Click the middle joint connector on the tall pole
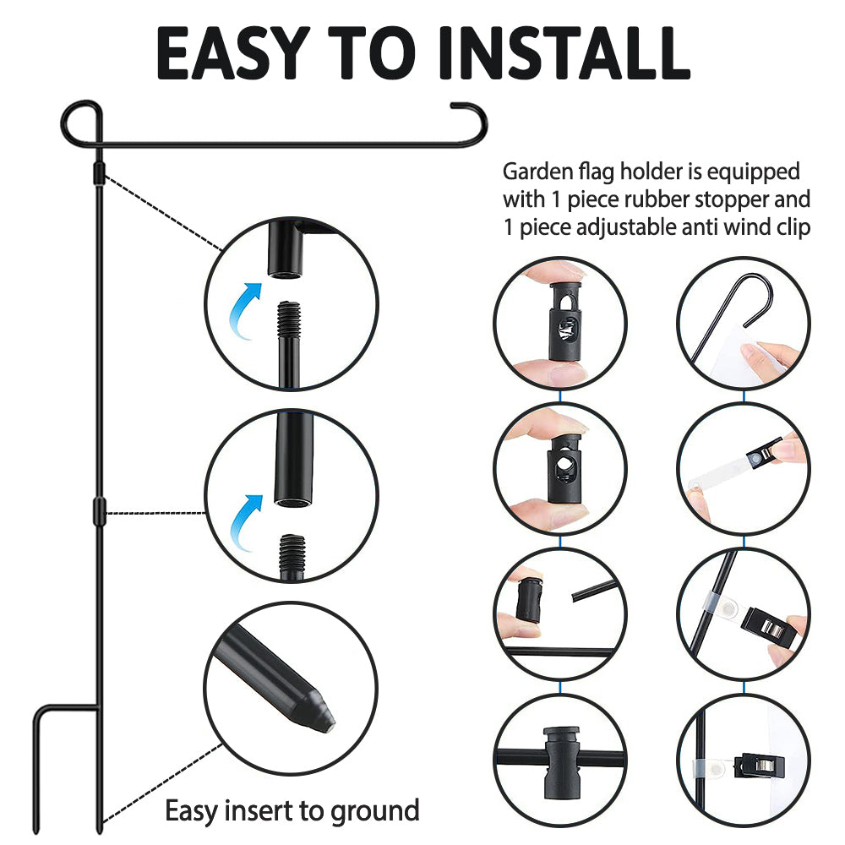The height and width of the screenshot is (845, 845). pyautogui.click(x=99, y=510)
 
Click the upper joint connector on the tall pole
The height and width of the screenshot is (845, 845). pyautogui.click(x=99, y=173)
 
